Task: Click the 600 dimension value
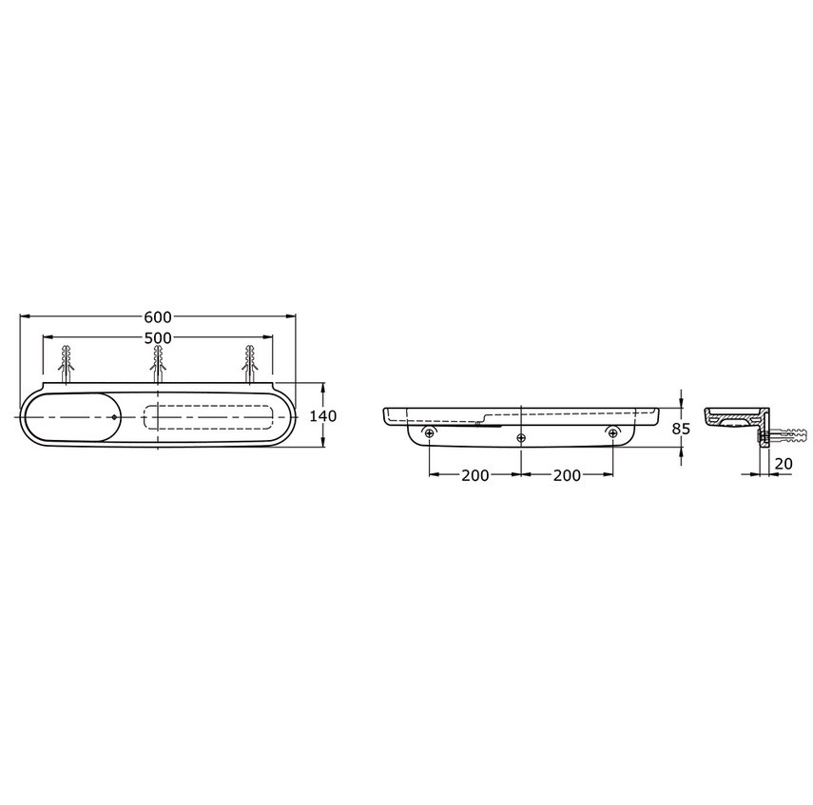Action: click(x=158, y=316)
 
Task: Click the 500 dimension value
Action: click(x=158, y=338)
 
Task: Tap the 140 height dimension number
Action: click(x=323, y=416)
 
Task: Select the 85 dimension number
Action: click(x=681, y=429)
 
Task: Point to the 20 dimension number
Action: click(x=783, y=463)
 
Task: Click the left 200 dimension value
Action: click(x=475, y=475)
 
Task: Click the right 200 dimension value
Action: click(x=567, y=475)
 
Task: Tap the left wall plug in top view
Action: click(x=66, y=365)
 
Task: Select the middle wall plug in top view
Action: click(x=158, y=365)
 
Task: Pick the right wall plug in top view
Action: click(x=250, y=365)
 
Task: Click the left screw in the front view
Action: click(x=430, y=434)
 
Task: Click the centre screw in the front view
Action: click(x=521, y=437)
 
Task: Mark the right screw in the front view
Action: click(x=612, y=434)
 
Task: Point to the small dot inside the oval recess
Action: click(x=113, y=417)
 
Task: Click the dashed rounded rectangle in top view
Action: click(x=209, y=417)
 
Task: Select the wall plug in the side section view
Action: click(x=783, y=439)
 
